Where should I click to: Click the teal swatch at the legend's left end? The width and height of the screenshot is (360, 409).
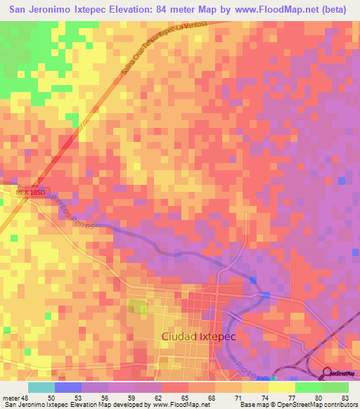(x=41, y=387)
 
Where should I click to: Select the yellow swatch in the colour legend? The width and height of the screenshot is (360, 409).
(x=281, y=387)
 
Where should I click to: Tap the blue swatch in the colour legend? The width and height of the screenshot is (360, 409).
(x=67, y=387)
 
